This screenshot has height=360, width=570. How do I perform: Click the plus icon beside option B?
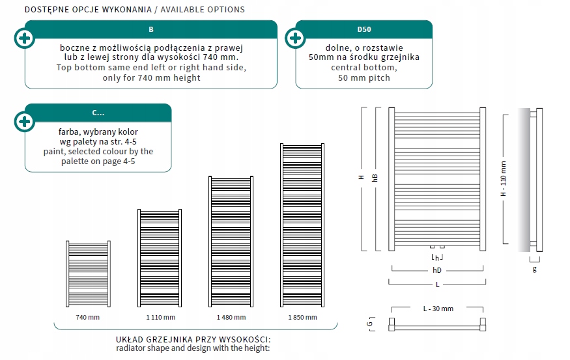pos(25,38)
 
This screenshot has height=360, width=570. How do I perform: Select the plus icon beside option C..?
pos(25,122)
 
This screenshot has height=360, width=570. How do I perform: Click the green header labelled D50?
pos(364,29)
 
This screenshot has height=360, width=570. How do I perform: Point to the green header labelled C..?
pos(98,113)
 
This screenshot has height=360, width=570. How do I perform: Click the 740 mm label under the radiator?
pos(87,317)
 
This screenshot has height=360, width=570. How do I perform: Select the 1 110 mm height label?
pos(160,317)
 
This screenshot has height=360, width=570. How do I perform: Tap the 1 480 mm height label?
pos(231,317)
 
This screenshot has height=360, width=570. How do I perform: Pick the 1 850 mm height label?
pos(302,317)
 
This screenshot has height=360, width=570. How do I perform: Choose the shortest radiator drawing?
pos(87,273)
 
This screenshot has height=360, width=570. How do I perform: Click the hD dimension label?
pos(436,269)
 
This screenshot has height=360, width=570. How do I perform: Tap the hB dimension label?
pos(374,178)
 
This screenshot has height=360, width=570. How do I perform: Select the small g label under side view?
pos(535,268)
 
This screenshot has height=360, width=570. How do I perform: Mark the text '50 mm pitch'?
pos(364,77)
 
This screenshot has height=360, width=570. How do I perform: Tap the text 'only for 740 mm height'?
pos(151,77)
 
